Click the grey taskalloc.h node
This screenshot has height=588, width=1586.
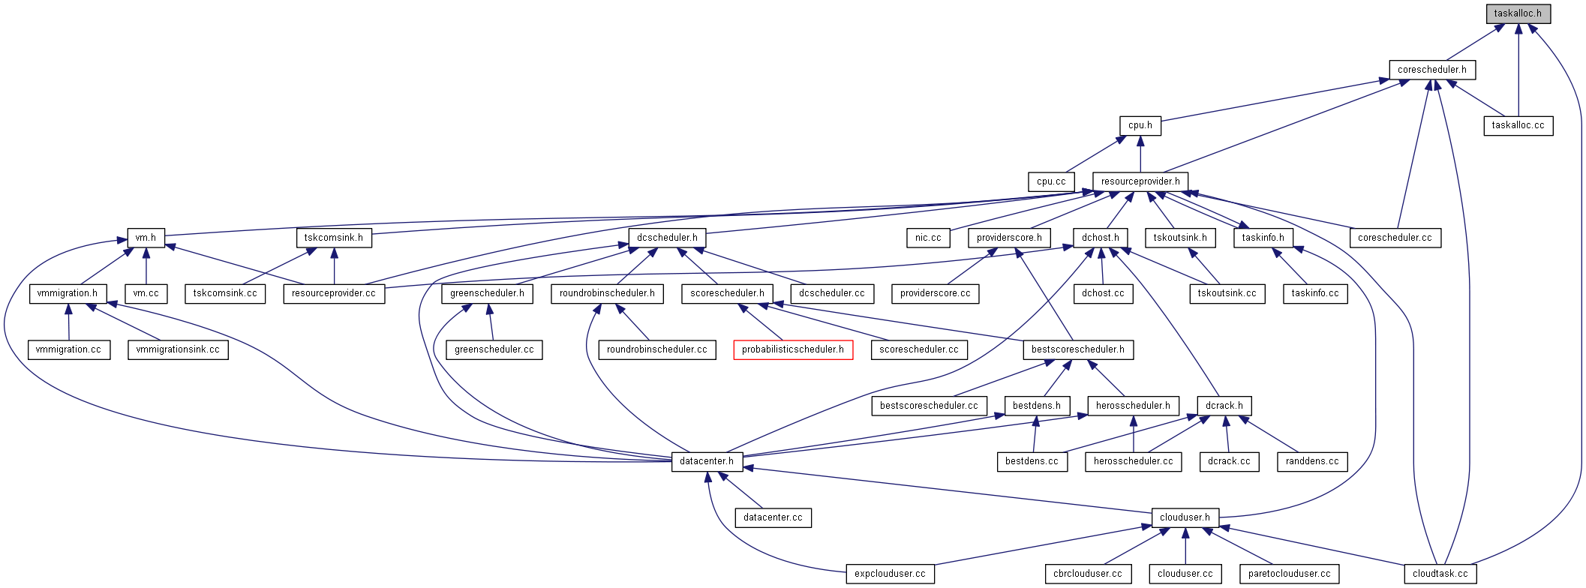(x=1518, y=13)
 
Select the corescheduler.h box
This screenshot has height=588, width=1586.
(x=1431, y=70)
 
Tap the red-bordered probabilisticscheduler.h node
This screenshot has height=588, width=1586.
(x=792, y=349)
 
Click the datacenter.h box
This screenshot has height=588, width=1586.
(x=707, y=461)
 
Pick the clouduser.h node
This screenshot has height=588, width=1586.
(x=1185, y=517)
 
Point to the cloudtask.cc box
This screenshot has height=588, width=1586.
(x=1440, y=574)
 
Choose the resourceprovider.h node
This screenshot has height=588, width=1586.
(x=1140, y=181)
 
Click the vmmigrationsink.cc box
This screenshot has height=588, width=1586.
(x=178, y=349)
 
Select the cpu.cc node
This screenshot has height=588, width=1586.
(x=1051, y=181)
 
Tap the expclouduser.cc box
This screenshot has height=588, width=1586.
(x=890, y=574)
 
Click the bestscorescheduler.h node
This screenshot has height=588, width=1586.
(x=1077, y=349)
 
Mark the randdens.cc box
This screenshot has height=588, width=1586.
(x=1311, y=461)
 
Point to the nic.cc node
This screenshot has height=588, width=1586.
(x=928, y=238)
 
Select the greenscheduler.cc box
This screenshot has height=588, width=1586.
(x=494, y=349)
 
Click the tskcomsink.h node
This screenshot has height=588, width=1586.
(x=333, y=238)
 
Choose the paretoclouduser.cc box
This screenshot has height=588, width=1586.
(x=1289, y=574)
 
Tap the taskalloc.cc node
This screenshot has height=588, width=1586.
(x=1518, y=125)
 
